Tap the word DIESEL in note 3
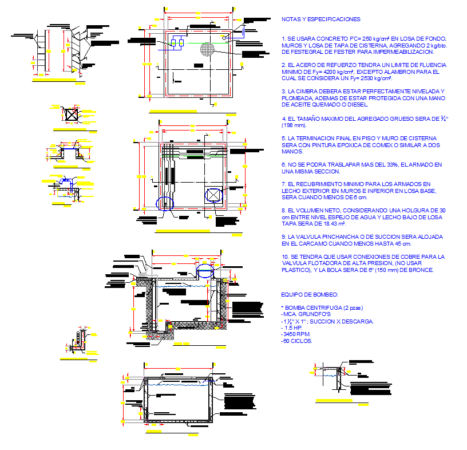pos(357,104)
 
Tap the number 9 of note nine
pos(283,236)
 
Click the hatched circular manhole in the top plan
pos(208,49)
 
